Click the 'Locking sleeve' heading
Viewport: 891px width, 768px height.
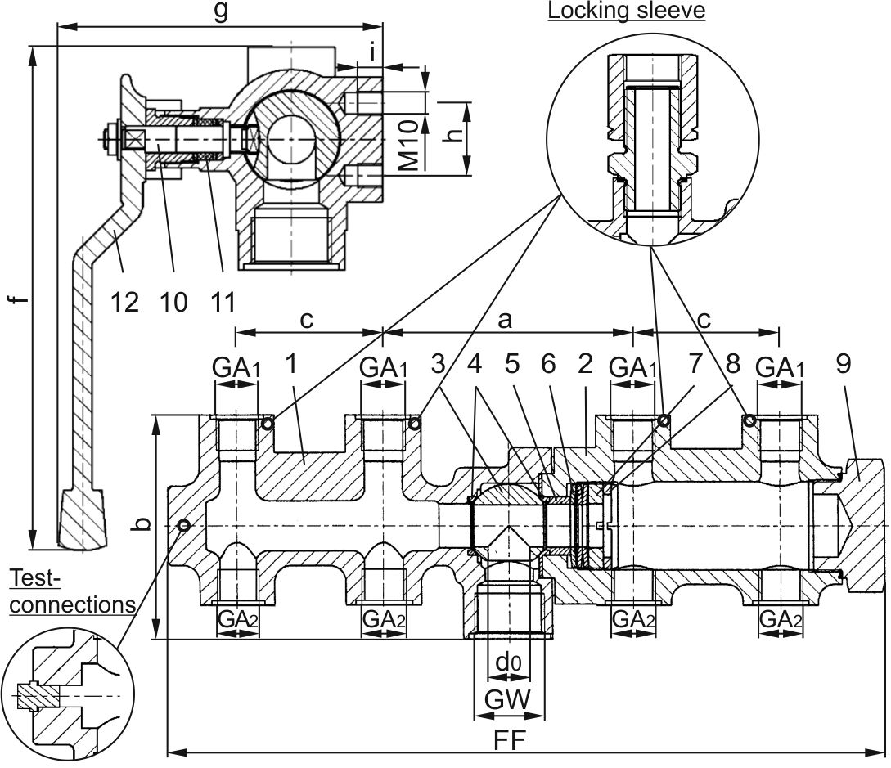626,11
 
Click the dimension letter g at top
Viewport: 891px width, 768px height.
220,11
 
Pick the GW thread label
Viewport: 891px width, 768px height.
507,698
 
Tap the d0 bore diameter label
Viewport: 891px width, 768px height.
507,662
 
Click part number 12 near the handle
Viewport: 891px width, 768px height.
124,302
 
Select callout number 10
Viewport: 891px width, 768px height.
173,302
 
